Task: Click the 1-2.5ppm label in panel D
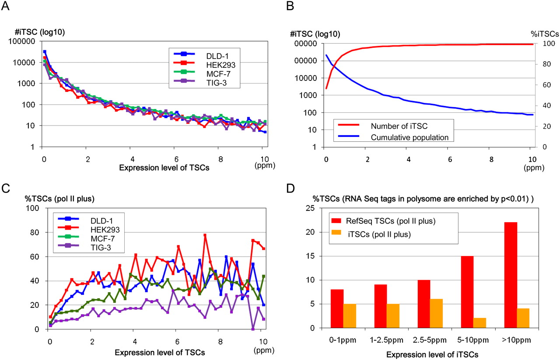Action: click(x=387, y=339)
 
